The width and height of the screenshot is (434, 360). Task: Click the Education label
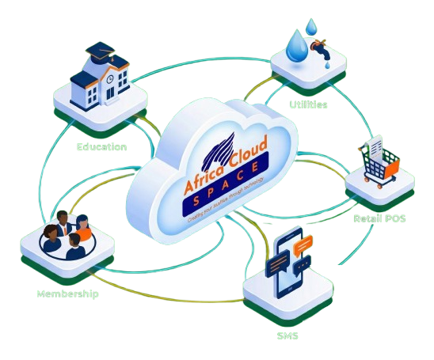click(x=101, y=146)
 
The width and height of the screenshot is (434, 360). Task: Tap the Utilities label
click(x=308, y=104)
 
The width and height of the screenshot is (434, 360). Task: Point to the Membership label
click(x=67, y=294)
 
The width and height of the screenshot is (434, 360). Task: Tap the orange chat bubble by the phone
click(x=303, y=248)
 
